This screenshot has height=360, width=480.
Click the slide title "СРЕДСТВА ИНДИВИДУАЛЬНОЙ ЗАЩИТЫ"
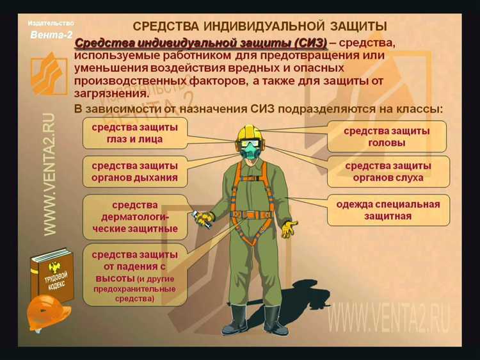click(259, 26)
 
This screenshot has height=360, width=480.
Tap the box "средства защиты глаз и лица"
click(135, 133)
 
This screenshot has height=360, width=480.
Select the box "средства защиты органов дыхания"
click(134, 171)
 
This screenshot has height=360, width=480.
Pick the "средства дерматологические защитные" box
click(134, 217)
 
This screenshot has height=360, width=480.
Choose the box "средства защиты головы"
click(387, 136)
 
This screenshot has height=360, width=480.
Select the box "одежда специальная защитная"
click(388, 210)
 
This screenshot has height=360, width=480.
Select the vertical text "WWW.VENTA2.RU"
click(49, 173)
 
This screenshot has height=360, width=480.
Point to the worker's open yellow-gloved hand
click(289, 227)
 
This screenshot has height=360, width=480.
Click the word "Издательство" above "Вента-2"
click(51, 23)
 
